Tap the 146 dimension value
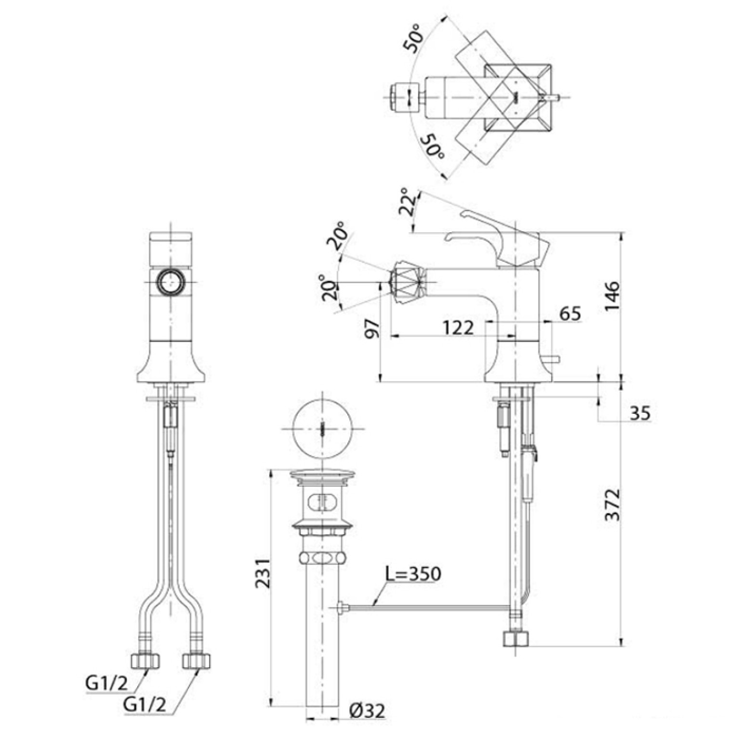612,296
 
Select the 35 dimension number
640,413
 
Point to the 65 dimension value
570,314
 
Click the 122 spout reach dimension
458,328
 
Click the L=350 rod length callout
413,574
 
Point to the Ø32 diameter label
367,711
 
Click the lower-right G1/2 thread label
145,704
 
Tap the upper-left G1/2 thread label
107,683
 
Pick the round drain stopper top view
322,428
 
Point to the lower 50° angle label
433,147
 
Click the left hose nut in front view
145,660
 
